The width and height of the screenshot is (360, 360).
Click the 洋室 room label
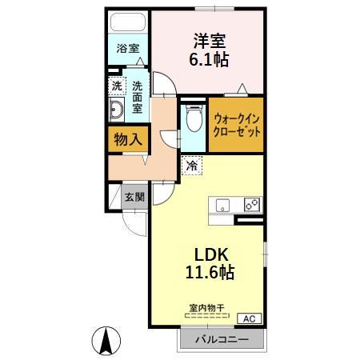206,39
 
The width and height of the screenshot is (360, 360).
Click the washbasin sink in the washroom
115,110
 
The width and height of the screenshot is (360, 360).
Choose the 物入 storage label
127,138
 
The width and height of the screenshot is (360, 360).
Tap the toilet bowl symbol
192,121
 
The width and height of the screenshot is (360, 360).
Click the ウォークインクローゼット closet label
236,125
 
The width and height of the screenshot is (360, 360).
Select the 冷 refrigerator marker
192,166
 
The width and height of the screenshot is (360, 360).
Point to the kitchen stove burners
252,204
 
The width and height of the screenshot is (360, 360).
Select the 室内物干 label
206,307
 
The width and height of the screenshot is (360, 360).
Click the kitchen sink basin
222,204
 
